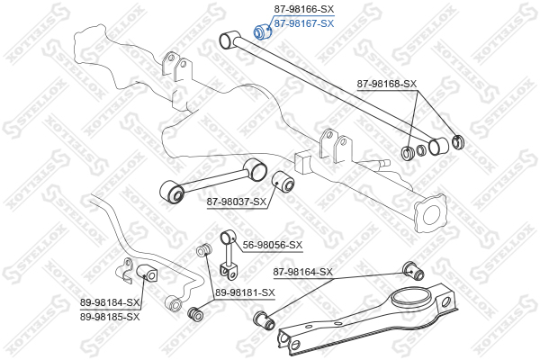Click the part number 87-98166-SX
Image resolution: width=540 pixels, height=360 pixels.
(x=304, y=9)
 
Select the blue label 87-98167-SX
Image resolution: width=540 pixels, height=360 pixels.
(x=304, y=23)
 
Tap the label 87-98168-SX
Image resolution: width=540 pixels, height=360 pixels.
(x=386, y=84)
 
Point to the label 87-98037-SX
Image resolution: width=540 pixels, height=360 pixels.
(x=237, y=202)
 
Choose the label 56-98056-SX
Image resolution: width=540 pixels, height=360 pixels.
(x=273, y=245)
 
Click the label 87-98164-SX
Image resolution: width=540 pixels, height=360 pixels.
(x=303, y=272)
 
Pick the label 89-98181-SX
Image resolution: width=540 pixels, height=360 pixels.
(x=245, y=292)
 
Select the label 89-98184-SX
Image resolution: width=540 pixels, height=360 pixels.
(x=110, y=302)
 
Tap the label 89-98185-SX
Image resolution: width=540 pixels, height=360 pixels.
(x=110, y=316)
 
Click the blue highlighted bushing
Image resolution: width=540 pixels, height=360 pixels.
(x=263, y=31)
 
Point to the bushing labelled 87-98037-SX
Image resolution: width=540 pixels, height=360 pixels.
(x=283, y=182)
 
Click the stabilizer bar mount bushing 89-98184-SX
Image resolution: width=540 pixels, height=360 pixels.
(x=147, y=274)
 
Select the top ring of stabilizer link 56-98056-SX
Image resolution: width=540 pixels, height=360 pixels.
(x=227, y=238)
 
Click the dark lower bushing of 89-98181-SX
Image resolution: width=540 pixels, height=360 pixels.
(x=195, y=313)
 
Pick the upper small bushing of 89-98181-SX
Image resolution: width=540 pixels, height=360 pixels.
(x=203, y=250)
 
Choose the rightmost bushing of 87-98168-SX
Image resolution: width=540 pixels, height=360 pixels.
(x=458, y=142)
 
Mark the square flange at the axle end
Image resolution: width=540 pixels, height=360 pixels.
(x=430, y=213)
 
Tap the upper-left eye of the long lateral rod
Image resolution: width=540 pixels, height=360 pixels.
(x=229, y=40)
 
